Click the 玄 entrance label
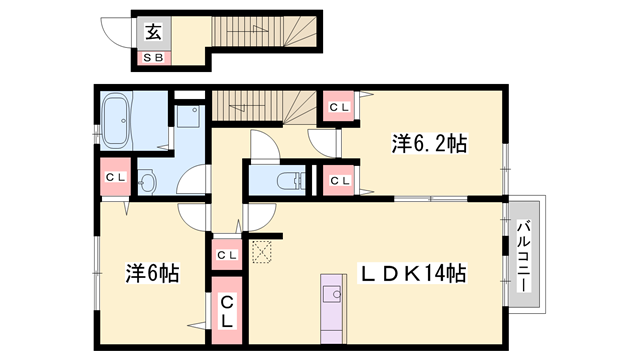(x=153, y=32)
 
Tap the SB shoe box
(x=153, y=58)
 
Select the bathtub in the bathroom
(x=116, y=120)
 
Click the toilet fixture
(x=291, y=180)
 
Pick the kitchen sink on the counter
(x=332, y=294)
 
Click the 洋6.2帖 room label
(x=429, y=144)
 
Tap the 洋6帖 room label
(x=152, y=273)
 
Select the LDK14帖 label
(x=412, y=273)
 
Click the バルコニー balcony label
(x=524, y=256)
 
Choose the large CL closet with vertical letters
(x=227, y=311)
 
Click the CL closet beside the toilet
(x=340, y=180)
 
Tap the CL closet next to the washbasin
(x=116, y=177)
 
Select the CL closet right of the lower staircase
(x=340, y=107)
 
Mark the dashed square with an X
(x=262, y=252)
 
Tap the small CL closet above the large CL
(x=227, y=255)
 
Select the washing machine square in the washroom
(x=188, y=116)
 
